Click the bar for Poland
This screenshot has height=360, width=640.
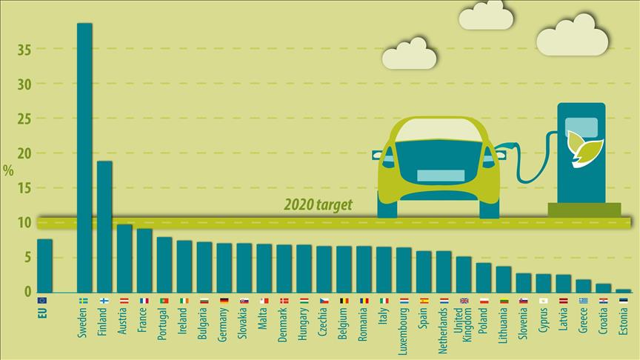pos(483,277)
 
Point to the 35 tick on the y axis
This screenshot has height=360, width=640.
pos(25,50)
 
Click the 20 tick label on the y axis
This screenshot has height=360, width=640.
pos(25,153)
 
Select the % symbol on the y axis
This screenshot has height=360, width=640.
pos(8,170)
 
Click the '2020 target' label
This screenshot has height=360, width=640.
pos(319,205)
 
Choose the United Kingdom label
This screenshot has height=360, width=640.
pos(462,327)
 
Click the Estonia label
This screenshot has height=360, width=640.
pos(622,323)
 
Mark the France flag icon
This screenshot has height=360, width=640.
pos(144,301)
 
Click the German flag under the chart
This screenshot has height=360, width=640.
pos(224,301)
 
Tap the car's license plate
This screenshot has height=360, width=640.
pos(440,176)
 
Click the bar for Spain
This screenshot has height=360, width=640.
pos(424,271)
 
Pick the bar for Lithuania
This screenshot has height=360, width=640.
pos(504,279)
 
